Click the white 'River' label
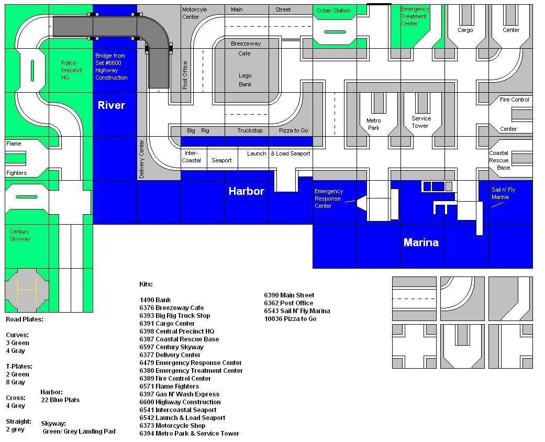112,105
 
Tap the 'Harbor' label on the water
246,191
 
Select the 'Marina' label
421,242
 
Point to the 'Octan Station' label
333,10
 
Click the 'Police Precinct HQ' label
72,70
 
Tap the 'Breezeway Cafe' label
246,49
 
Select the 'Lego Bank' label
245,80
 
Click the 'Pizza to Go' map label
293,130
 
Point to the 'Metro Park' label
373,124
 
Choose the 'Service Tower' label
421,122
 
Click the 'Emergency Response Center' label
329,198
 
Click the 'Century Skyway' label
20,235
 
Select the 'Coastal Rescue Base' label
499,160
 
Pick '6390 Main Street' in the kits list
289,295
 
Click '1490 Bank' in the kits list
155,300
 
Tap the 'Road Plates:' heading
25,319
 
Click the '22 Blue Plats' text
60,400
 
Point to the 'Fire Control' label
515,100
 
